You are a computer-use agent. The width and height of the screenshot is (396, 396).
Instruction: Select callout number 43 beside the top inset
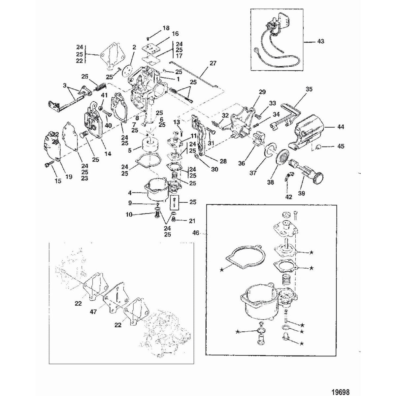tap(320, 42)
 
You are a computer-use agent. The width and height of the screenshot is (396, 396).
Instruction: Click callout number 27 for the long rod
tap(213, 63)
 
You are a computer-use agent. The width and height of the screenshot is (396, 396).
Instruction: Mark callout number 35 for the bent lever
tap(309, 89)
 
